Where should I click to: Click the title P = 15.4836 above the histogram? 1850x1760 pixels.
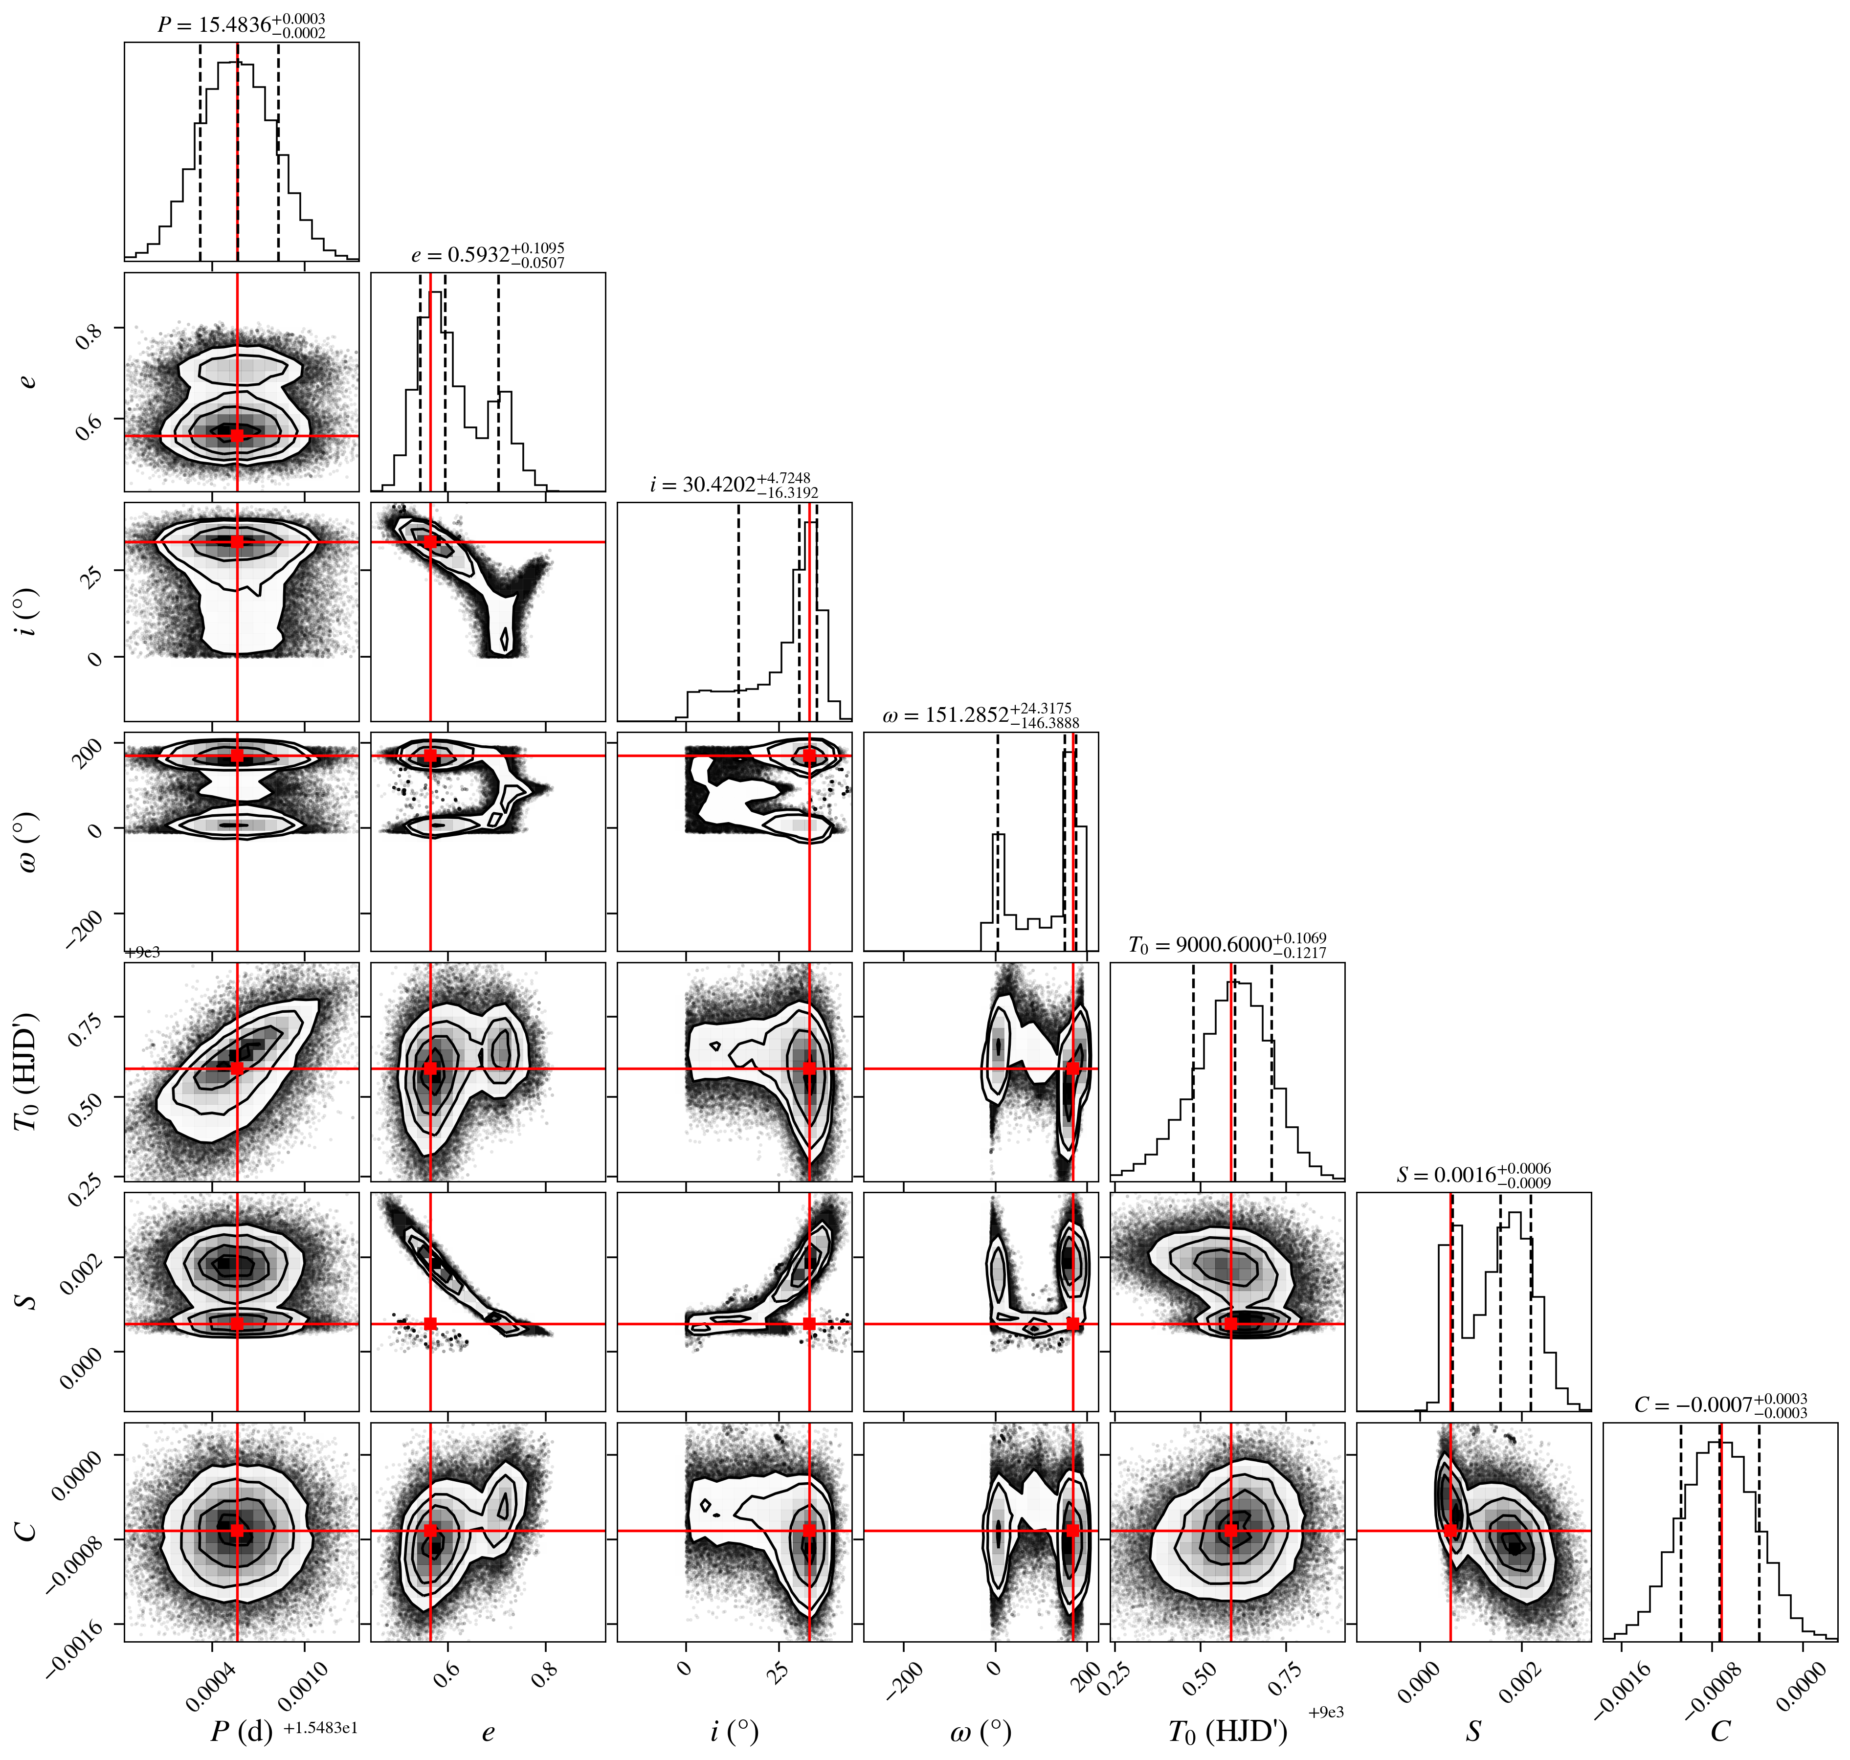click(x=241, y=25)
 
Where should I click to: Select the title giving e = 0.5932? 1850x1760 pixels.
click(x=488, y=255)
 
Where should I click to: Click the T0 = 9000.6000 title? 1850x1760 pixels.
click(x=1227, y=945)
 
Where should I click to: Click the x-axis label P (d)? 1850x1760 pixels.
click(x=241, y=1731)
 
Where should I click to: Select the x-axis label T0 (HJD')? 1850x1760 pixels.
click(x=1227, y=1732)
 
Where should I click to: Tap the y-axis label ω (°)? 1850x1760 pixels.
click(x=28, y=842)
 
